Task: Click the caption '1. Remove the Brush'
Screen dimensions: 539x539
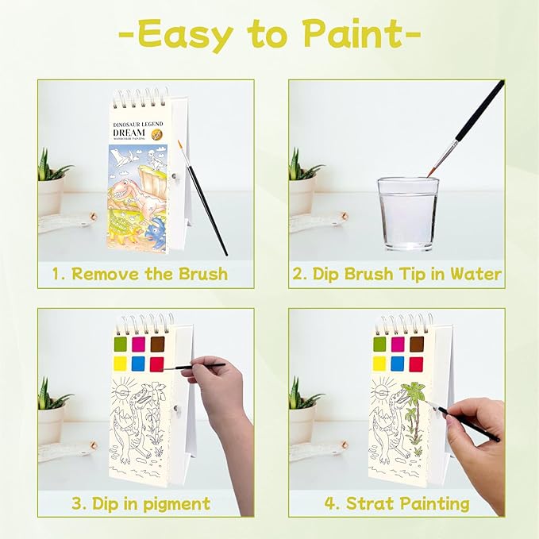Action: [x=140, y=275]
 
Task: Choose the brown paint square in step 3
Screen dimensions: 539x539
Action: [x=157, y=344]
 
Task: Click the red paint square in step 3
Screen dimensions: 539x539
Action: [x=157, y=364]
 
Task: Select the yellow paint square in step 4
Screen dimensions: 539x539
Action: [x=379, y=364]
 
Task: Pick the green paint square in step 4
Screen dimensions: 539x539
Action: [x=379, y=344]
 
